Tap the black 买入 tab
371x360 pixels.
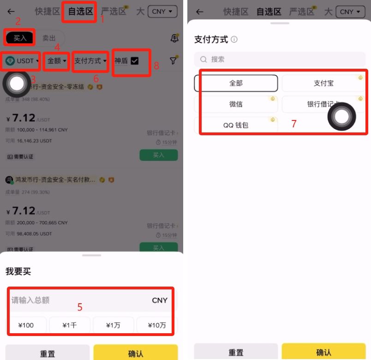pyautogui.click(x=20, y=38)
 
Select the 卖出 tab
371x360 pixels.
pyautogui.click(x=49, y=38)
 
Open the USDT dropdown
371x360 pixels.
pyautogui.click(x=22, y=61)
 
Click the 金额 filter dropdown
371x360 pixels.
pyautogui.click(x=57, y=60)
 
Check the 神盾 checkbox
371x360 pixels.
pyautogui.click(x=135, y=60)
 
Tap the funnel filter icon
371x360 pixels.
pyautogui.click(x=173, y=60)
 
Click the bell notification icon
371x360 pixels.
pyautogui.click(x=174, y=38)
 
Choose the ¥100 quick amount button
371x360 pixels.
pyautogui.click(x=26, y=325)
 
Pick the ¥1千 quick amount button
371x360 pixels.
pyautogui.click(x=70, y=325)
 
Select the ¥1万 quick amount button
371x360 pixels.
pyautogui.click(x=113, y=325)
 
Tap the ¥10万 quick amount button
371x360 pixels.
pyautogui.click(x=157, y=325)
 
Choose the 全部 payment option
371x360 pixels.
pyautogui.click(x=236, y=83)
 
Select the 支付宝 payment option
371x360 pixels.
pyautogui.click(x=323, y=83)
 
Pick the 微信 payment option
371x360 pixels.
pyautogui.click(x=236, y=104)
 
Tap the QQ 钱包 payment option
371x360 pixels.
pyautogui.click(x=236, y=125)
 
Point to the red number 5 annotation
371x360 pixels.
pyautogui.click(x=80, y=307)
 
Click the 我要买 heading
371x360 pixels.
pyautogui.click(x=18, y=271)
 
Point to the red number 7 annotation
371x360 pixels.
pyautogui.click(x=293, y=124)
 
